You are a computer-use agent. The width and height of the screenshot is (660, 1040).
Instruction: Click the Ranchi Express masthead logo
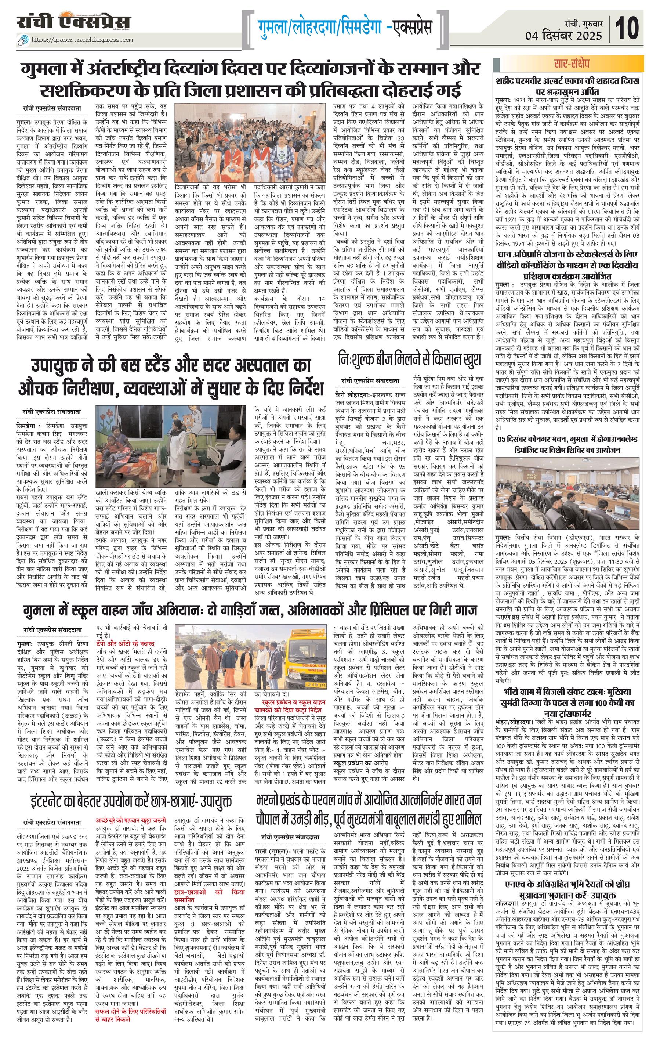point(74,23)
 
